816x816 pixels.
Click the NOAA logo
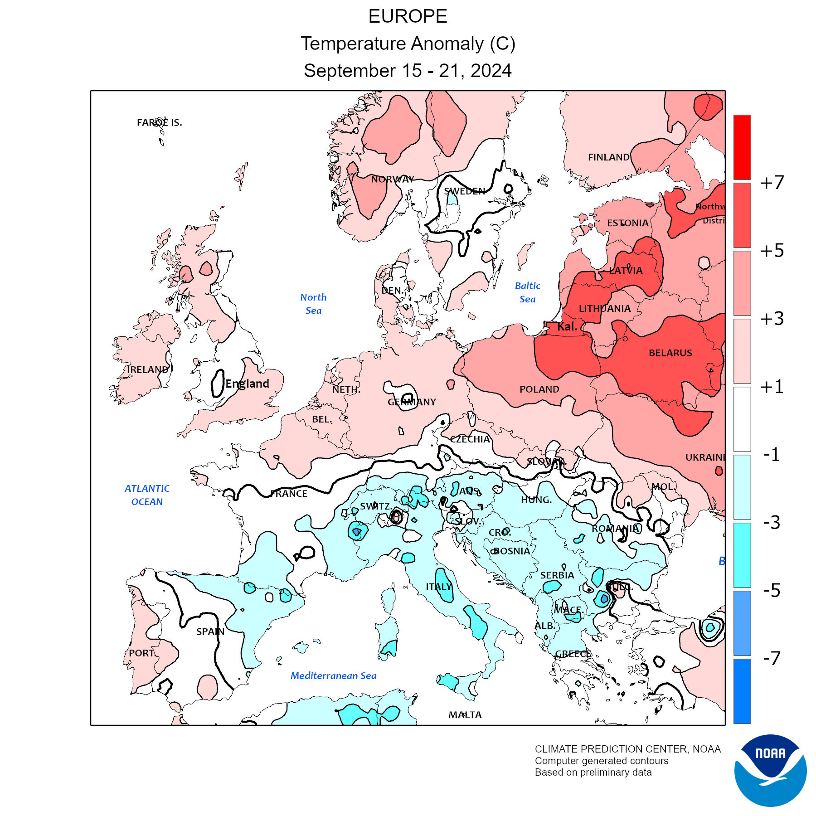(x=770, y=770)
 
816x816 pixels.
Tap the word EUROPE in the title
(x=408, y=17)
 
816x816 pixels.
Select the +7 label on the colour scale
(x=772, y=183)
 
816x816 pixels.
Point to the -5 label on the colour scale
(x=772, y=590)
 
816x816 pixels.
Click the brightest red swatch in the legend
(x=742, y=147)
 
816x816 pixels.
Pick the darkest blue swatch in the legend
(x=742, y=691)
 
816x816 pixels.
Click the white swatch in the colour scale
(x=742, y=419)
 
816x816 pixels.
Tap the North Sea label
(x=313, y=304)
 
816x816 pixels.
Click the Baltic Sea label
(x=528, y=292)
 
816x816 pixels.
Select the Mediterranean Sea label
(x=333, y=676)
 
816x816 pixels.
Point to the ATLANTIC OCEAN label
(x=147, y=495)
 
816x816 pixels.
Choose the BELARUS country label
(x=670, y=353)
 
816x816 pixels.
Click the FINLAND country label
(x=608, y=157)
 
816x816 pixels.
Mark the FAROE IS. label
(x=159, y=123)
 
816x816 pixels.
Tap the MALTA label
(x=465, y=715)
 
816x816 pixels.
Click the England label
(x=247, y=384)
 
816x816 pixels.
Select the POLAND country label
(x=539, y=389)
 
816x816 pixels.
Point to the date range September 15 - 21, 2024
(x=408, y=71)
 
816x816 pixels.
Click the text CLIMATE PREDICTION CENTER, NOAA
(x=627, y=749)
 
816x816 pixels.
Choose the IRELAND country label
(x=147, y=370)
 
